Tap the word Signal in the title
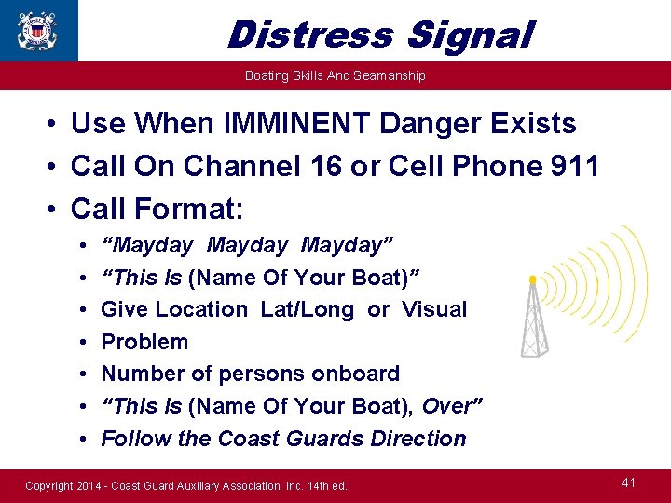[470, 35]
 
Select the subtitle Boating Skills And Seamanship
[335, 75]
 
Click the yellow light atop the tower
[532, 279]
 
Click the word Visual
[433, 309]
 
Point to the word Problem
[144, 342]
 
